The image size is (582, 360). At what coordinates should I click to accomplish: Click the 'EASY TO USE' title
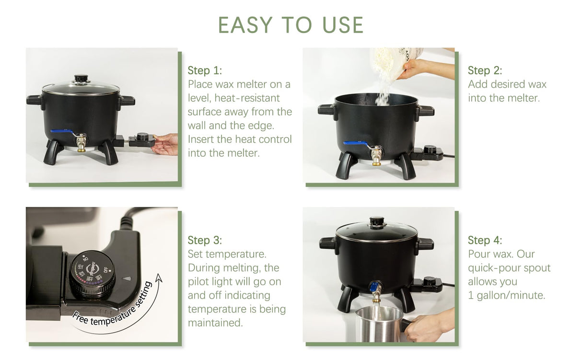pyautogui.click(x=291, y=25)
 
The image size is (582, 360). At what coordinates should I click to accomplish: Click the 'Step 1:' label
pyautogui.click(x=205, y=70)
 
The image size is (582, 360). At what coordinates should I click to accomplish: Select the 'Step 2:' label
pyautogui.click(x=485, y=70)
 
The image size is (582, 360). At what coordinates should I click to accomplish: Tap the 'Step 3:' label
pyautogui.click(x=205, y=240)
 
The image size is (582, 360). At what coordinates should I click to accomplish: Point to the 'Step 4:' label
pyautogui.click(x=485, y=240)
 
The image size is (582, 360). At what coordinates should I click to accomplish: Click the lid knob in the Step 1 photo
pyautogui.click(x=81, y=78)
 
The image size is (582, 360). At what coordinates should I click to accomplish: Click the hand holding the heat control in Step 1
pyautogui.click(x=165, y=143)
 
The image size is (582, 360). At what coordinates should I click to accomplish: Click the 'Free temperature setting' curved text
pyautogui.click(x=113, y=307)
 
